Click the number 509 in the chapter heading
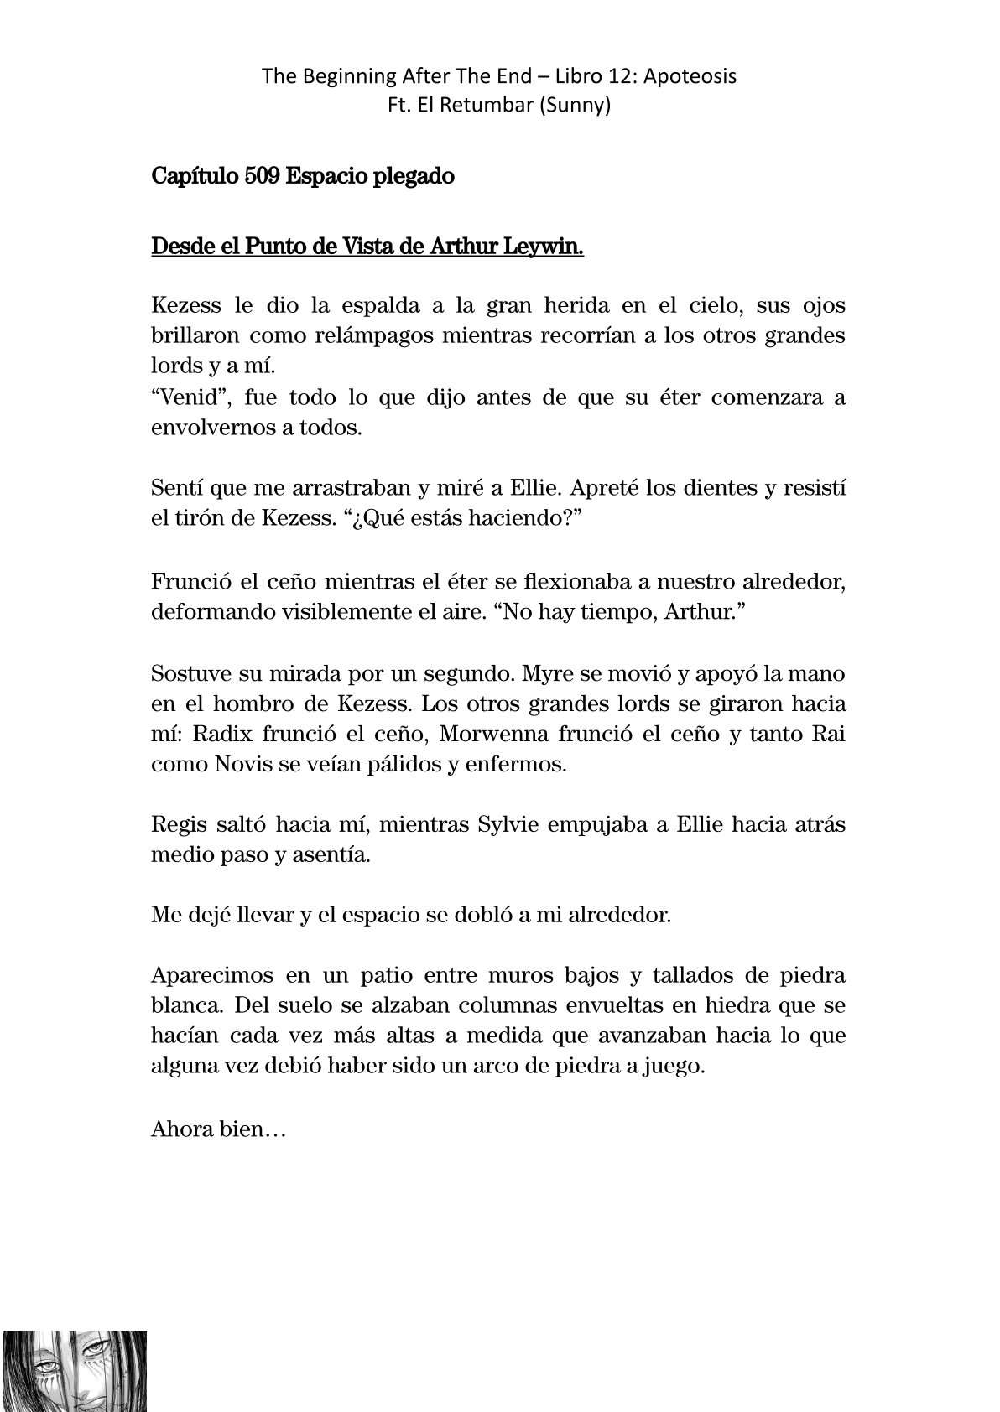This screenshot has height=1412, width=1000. pyautogui.click(x=263, y=177)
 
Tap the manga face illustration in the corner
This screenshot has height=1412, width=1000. pyautogui.click(x=74, y=1369)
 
